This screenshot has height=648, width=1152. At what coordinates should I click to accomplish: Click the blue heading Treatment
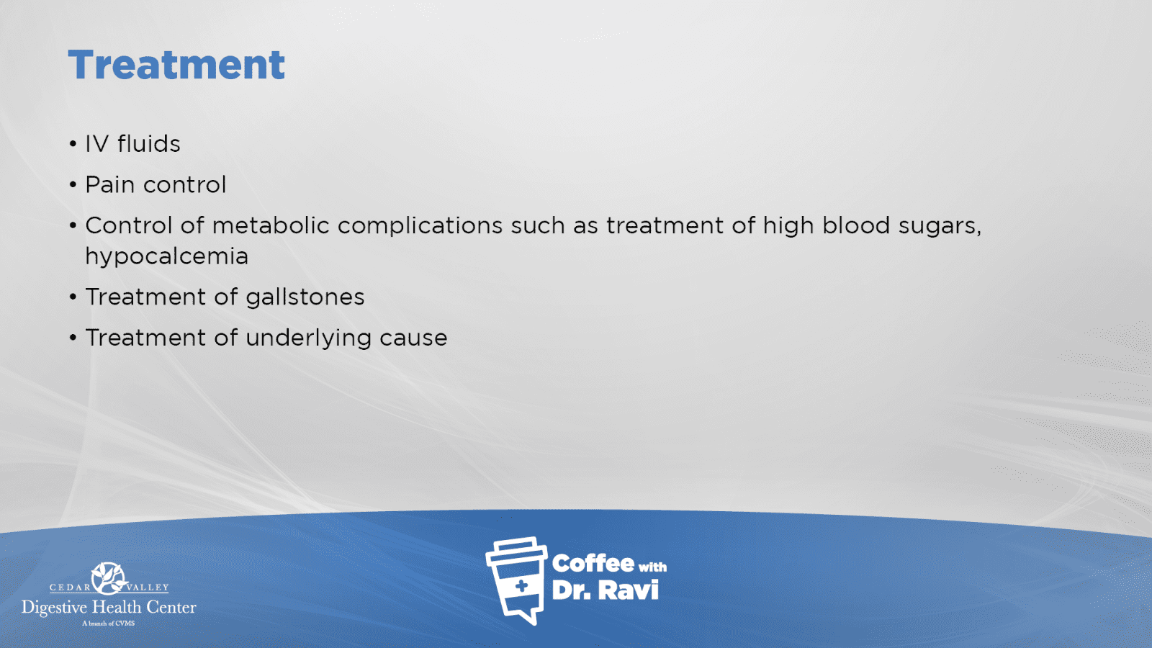(176, 65)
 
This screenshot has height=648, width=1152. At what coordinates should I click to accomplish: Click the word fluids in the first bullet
(149, 143)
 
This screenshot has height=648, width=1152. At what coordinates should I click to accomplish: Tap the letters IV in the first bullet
(96, 144)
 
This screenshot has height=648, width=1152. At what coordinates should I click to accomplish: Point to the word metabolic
(271, 225)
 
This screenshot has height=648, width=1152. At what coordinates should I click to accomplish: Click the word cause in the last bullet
(413, 338)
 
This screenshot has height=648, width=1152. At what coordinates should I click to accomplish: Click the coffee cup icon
(516, 580)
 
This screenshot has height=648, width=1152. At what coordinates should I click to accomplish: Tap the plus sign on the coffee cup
(521, 586)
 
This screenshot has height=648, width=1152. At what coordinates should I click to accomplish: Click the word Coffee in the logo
(593, 564)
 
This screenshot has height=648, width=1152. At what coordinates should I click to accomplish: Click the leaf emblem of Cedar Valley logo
(108, 578)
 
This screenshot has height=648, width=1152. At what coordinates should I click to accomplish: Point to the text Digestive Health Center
(109, 608)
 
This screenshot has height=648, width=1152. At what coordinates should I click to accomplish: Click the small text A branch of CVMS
(109, 624)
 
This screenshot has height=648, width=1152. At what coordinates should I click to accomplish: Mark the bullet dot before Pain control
(73, 184)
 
